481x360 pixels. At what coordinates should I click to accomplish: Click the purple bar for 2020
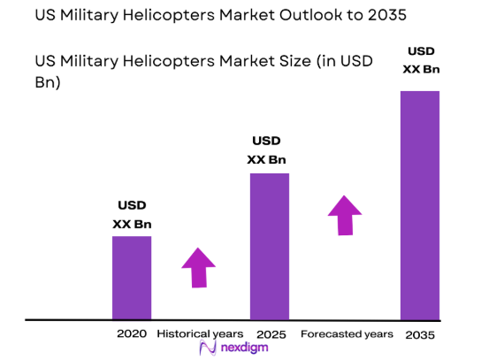click(131, 277)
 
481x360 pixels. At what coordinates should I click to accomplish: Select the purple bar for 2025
click(270, 245)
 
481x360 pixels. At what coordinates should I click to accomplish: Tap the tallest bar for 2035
click(420, 204)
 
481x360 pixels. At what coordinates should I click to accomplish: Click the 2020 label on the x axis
click(131, 334)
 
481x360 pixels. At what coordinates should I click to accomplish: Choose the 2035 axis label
click(420, 335)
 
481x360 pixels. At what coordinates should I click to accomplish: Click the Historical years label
click(199, 334)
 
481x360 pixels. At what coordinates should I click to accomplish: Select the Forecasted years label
click(347, 334)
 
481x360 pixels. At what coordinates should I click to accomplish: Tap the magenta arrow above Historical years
click(198, 267)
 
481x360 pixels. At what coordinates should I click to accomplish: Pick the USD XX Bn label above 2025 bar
click(268, 150)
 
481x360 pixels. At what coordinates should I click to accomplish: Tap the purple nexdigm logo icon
click(208, 349)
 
